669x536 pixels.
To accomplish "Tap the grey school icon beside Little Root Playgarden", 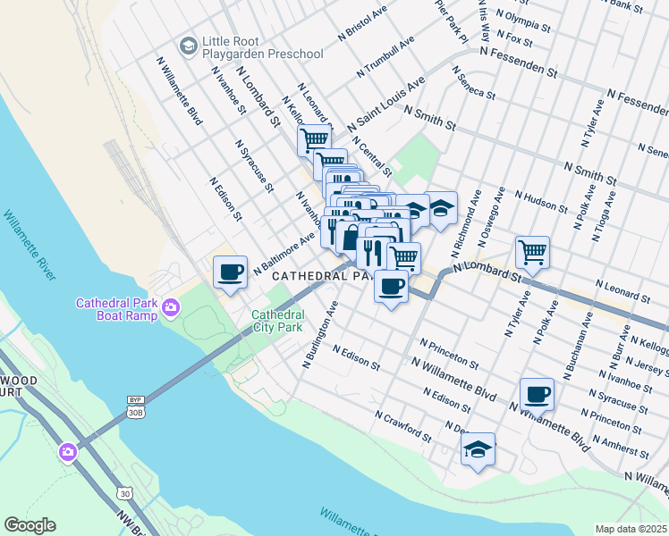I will tap(188, 45).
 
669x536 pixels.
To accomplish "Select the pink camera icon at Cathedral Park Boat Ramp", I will tap(171, 309).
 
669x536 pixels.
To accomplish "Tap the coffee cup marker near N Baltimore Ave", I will tap(230, 272).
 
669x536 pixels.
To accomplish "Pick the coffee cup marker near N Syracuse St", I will tap(537, 394).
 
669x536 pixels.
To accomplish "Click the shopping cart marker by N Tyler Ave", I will tap(532, 252).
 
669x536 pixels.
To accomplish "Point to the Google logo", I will tap(30, 525).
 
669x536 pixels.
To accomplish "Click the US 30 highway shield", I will tap(124, 493).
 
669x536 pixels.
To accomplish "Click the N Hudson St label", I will tap(535, 197).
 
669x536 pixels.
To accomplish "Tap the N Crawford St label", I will tap(403, 427).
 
